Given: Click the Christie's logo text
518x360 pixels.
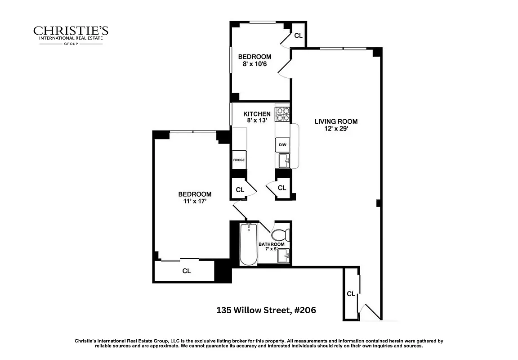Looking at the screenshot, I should [71, 31].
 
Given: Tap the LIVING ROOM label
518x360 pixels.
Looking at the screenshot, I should [336, 121].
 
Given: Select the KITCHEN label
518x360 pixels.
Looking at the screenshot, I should [257, 114].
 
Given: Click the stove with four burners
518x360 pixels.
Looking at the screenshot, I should [282, 114].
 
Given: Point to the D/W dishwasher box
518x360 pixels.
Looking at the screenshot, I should [282, 145].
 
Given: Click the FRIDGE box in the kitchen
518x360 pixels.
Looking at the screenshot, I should [238, 160].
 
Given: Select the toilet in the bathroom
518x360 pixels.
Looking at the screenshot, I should [279, 234].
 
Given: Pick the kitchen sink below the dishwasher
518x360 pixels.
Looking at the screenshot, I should [284, 160].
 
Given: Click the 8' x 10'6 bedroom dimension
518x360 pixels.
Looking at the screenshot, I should [255, 64].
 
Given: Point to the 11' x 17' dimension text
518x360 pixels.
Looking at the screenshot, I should [195, 202].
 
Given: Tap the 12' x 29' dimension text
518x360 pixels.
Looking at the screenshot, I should [336, 129].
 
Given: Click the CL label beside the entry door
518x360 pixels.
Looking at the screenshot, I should [351, 294].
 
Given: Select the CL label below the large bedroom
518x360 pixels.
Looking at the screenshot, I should [186, 271].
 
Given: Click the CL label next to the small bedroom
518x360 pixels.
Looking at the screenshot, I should [298, 36].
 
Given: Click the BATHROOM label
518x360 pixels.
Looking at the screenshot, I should [271, 244].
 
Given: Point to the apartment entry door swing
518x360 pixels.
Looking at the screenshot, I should [372, 311].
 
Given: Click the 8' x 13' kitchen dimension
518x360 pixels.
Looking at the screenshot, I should [257, 121].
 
